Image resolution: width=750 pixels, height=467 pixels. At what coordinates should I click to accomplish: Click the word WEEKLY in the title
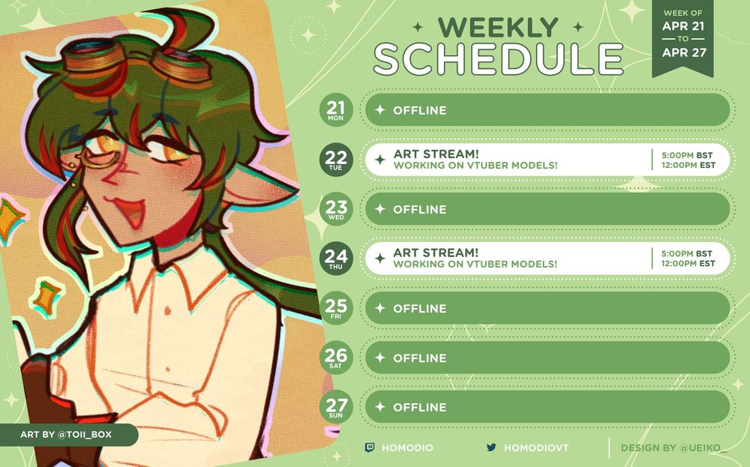click(498, 28)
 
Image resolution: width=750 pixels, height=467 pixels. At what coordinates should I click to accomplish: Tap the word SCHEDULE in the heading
click(498, 60)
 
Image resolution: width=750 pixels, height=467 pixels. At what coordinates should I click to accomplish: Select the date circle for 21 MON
click(336, 110)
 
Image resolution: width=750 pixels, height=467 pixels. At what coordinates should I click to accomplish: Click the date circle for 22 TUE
click(336, 160)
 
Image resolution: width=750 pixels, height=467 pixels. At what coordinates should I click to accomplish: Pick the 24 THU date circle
click(336, 259)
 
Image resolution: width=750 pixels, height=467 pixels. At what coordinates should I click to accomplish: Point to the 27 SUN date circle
click(336, 407)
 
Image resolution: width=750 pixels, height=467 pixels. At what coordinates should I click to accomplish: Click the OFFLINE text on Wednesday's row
click(419, 209)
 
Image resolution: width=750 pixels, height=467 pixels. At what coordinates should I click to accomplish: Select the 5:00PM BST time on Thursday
click(687, 253)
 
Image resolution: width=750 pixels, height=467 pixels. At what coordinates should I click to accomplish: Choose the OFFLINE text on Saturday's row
click(419, 358)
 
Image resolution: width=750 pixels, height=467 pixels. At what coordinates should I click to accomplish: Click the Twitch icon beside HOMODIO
click(370, 448)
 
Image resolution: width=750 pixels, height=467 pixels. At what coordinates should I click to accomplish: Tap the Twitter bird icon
click(491, 448)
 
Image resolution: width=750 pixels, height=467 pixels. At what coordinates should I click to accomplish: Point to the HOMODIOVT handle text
click(536, 448)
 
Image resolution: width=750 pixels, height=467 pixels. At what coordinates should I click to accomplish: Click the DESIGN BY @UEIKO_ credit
click(670, 448)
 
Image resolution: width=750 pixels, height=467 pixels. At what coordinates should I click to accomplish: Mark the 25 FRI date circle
click(336, 308)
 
